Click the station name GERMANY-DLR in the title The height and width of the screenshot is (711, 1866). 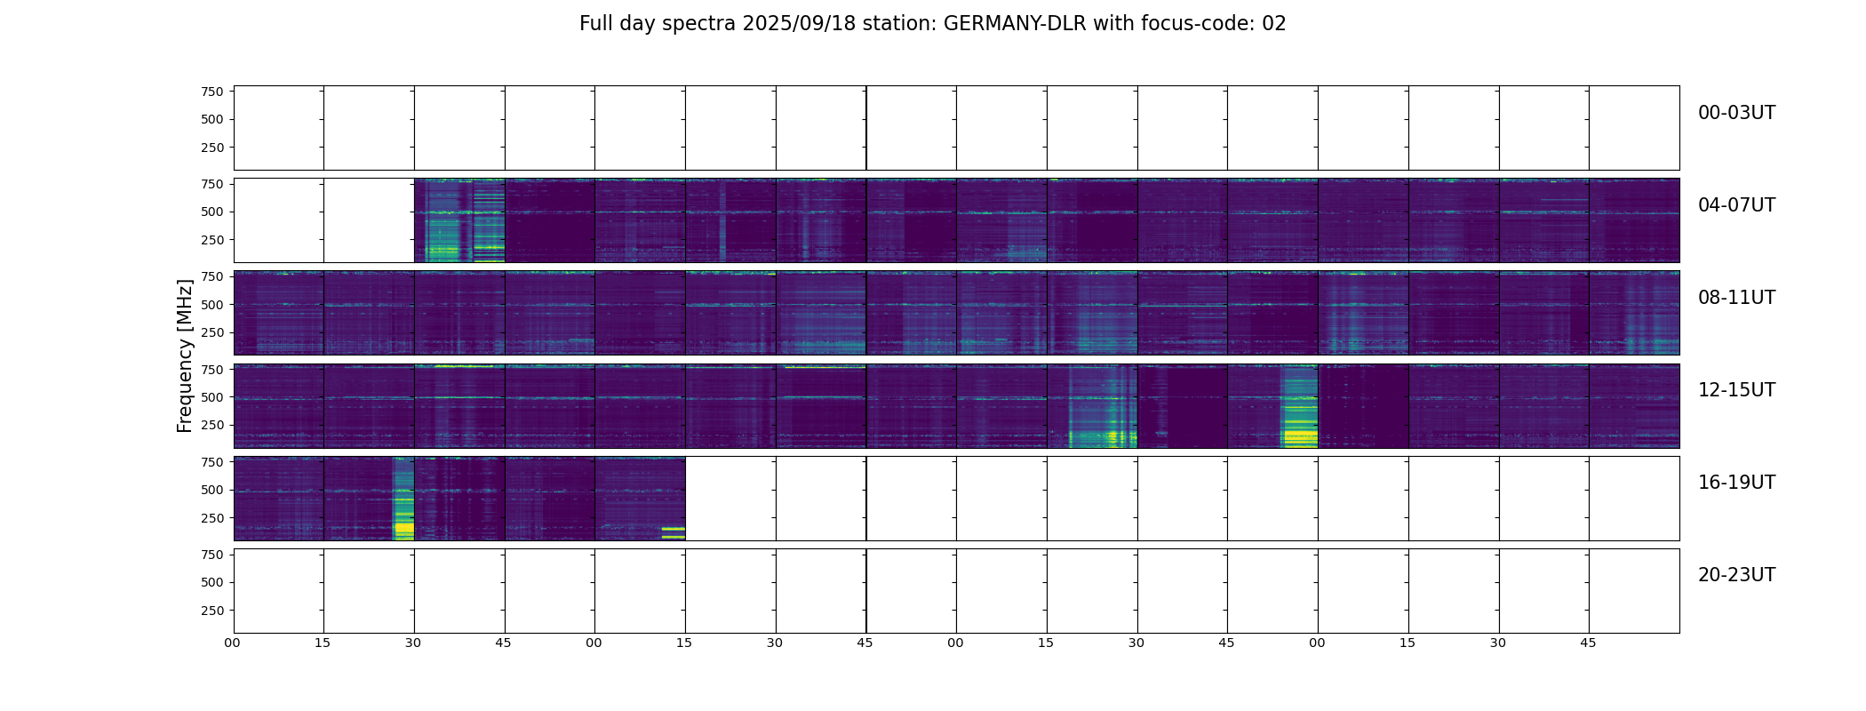click(x=1015, y=24)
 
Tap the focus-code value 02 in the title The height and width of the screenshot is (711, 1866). click(x=1273, y=24)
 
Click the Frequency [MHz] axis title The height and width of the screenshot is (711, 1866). click(x=185, y=355)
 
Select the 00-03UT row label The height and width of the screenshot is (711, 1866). click(x=1736, y=113)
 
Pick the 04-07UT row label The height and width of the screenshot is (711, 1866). click(x=1736, y=205)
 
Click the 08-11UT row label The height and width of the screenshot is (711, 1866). click(x=1736, y=298)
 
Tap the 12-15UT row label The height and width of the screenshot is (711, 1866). click(x=1736, y=390)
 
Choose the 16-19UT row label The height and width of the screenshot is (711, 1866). click(x=1736, y=483)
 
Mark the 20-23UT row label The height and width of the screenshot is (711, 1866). click(x=1736, y=575)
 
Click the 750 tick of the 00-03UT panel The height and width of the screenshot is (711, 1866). click(x=212, y=92)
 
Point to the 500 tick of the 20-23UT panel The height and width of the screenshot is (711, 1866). click(x=212, y=582)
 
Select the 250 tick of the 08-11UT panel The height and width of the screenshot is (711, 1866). click(x=212, y=332)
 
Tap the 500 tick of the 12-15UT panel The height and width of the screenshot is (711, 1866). click(x=212, y=397)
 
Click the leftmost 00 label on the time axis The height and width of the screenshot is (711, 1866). click(x=233, y=643)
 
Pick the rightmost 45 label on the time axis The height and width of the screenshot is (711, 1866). click(x=1588, y=643)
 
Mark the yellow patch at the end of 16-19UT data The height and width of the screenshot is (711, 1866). click(x=673, y=531)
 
